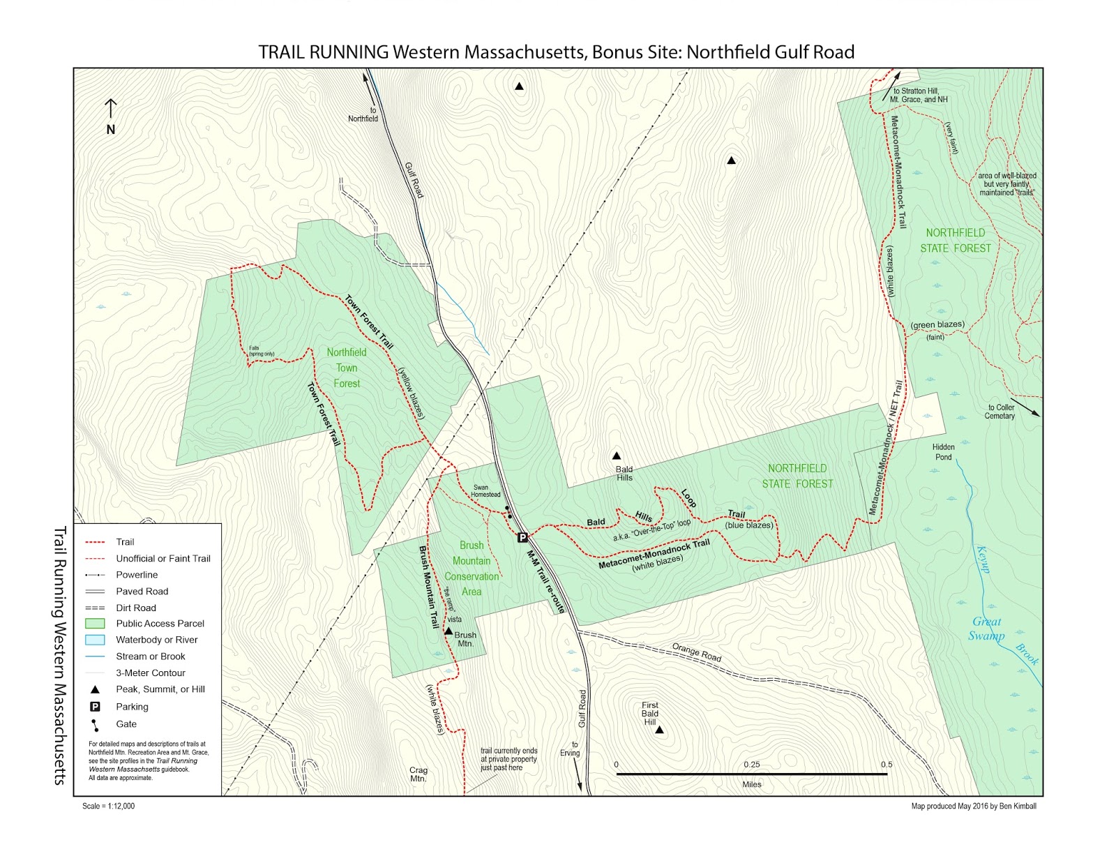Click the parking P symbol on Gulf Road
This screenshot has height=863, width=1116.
[x=522, y=537]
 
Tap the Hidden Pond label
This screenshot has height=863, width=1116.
[x=943, y=452]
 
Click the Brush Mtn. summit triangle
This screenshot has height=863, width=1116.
[x=448, y=631]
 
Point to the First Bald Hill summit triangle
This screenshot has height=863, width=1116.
[x=659, y=730]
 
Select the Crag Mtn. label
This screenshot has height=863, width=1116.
[x=418, y=774]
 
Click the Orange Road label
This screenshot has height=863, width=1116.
[x=696, y=652]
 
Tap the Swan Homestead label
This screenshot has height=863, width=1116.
[x=485, y=491]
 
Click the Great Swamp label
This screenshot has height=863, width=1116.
[x=986, y=628]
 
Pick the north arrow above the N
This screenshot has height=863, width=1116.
[x=110, y=108]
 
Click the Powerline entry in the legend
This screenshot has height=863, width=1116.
[x=137, y=575]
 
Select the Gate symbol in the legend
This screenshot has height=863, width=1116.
[x=95, y=725]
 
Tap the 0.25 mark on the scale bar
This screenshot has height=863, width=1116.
[x=751, y=765]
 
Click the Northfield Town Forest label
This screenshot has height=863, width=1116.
[x=347, y=368]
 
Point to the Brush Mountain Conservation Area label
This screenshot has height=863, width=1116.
[x=472, y=569]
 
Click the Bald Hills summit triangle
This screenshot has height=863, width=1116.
[x=617, y=456]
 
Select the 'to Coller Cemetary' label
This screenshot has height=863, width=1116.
[x=1000, y=412]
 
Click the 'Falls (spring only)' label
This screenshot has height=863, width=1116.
[x=262, y=351]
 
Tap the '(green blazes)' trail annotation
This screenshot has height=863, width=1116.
[x=937, y=324]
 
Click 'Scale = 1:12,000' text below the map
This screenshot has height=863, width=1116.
[x=108, y=806]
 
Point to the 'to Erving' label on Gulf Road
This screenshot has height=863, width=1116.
[x=571, y=749]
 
